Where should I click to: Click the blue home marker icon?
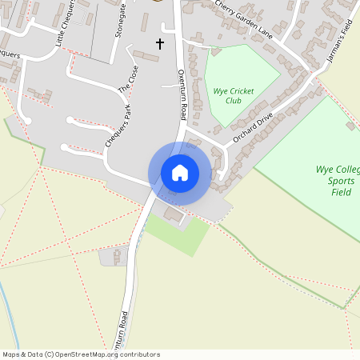point(179,173)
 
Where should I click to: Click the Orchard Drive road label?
point(254,126)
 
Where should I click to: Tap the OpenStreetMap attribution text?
point(81,354)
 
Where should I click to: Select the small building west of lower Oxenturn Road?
point(117,256)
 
